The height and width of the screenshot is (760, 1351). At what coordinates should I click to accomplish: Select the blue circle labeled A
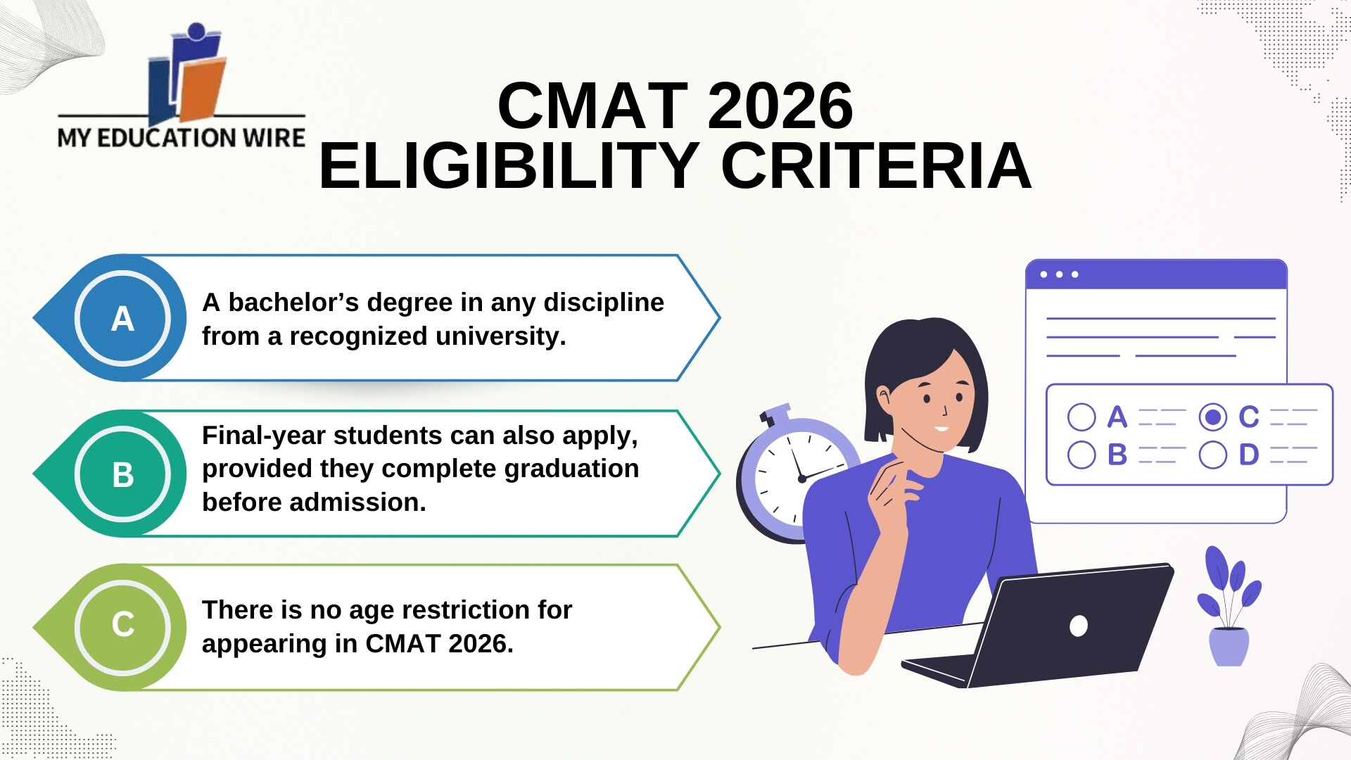click(x=122, y=318)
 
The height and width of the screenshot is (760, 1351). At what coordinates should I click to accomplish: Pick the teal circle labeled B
click(x=122, y=474)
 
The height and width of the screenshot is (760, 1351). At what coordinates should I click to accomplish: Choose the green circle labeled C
click(x=122, y=625)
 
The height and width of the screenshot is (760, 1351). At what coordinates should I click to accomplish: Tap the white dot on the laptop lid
click(x=1078, y=625)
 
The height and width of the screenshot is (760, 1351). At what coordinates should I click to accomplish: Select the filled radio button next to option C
click(x=1212, y=417)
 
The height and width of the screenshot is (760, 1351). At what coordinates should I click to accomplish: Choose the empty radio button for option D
click(x=1212, y=455)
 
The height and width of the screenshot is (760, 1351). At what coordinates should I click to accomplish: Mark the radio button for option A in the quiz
click(x=1082, y=417)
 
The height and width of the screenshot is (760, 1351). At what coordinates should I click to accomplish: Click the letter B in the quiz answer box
click(x=1117, y=455)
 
